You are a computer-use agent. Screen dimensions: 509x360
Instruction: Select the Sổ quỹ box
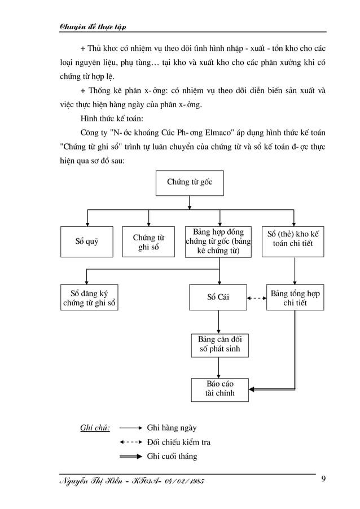click(87, 242)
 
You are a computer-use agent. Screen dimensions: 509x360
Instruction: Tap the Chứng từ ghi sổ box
click(148, 242)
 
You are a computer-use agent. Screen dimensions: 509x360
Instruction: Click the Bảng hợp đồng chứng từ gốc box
click(219, 242)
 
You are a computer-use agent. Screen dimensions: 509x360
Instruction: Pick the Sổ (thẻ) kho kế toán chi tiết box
click(293, 242)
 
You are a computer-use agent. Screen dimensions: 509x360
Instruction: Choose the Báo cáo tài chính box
click(219, 389)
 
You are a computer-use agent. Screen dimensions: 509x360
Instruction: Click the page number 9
click(323, 479)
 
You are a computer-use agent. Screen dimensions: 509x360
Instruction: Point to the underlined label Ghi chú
click(95, 428)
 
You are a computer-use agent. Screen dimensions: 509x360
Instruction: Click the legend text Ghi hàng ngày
click(172, 428)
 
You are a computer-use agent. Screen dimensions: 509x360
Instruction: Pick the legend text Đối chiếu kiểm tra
click(178, 442)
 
